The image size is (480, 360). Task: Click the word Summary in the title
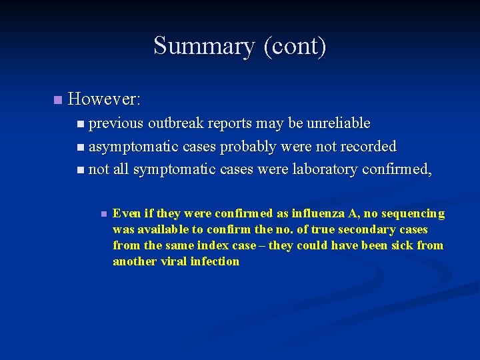tap(204, 46)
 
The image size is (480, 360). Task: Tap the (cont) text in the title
tap(295, 46)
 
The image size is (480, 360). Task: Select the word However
tap(103, 100)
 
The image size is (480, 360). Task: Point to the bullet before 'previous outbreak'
tap(81, 123)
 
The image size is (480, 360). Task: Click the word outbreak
tap(176, 123)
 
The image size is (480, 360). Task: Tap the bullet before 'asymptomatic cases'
tap(81, 146)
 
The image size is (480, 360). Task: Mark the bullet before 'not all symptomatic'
tap(81, 169)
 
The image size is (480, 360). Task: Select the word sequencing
tap(412, 213)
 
